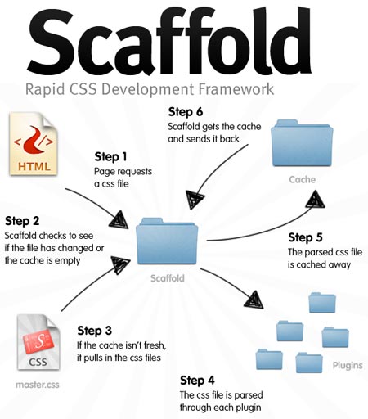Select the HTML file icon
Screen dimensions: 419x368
tap(34, 146)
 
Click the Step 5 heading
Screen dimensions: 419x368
tap(305, 238)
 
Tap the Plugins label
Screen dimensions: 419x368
tap(348, 365)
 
